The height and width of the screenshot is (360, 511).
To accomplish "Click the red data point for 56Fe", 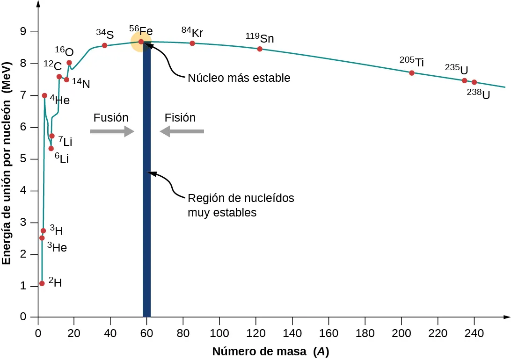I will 141,42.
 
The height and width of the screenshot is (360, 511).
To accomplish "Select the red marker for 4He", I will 44,95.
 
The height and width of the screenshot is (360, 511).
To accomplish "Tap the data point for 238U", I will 474,82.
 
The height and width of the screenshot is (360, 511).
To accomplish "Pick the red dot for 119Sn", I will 260,49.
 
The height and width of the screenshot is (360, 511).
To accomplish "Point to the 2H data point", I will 42,283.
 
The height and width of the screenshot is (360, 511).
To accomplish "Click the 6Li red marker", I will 51,148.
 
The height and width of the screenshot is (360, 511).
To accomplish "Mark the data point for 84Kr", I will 192,43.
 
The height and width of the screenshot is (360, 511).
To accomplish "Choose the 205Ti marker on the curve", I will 412,73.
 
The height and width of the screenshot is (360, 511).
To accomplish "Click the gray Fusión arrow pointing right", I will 112,132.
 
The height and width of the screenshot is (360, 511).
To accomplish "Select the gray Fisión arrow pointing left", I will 182,132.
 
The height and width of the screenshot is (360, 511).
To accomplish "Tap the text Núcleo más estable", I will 239,78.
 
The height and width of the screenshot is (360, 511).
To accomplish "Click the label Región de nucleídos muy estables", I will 241,205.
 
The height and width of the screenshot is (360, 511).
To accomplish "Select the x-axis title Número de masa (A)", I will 270,352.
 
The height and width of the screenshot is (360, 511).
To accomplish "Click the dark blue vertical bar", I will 146,187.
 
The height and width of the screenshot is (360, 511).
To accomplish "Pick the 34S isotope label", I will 105,34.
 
